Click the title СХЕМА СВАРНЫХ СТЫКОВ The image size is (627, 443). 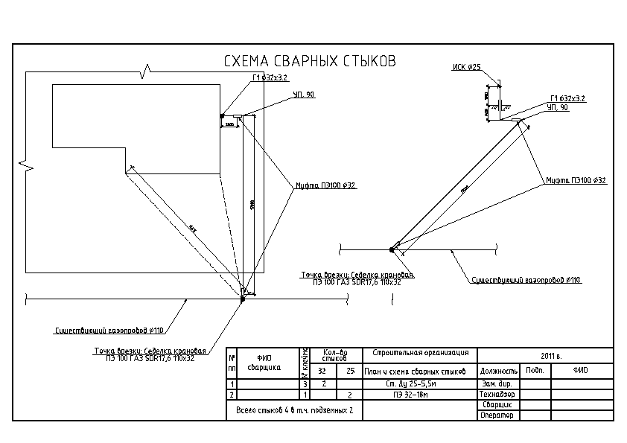point(310,61)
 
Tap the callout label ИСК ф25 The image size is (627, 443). point(467,67)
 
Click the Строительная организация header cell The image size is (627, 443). point(418,353)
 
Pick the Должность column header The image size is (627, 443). point(499,370)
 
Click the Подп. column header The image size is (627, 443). point(535,369)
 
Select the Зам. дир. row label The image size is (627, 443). point(494,383)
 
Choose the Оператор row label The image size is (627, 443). point(497,415)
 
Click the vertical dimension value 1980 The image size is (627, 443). point(254,205)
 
